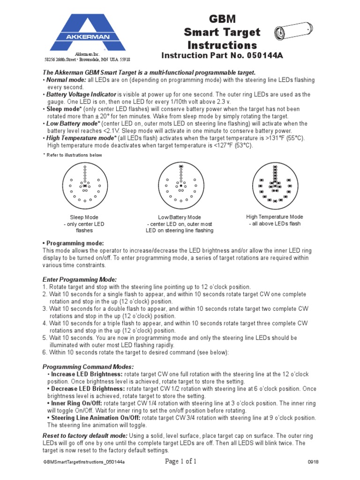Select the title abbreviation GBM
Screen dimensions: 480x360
222,19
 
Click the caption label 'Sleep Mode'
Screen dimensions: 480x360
84,217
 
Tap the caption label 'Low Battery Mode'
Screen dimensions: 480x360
180,217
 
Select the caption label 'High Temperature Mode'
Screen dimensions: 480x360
275,217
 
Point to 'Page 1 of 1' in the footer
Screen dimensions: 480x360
181,462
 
